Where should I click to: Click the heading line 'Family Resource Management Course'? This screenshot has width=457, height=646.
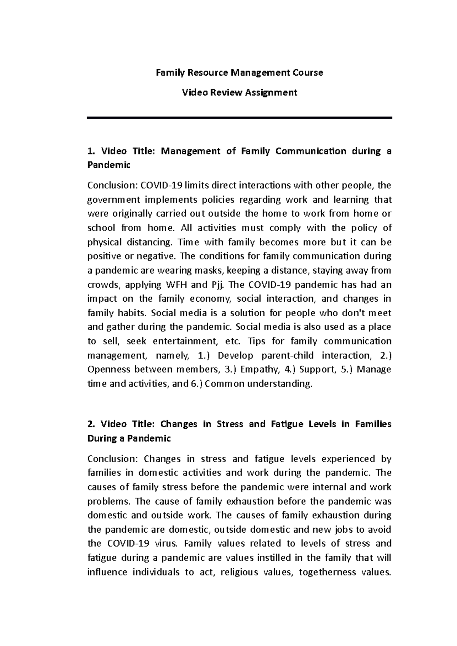[240, 72]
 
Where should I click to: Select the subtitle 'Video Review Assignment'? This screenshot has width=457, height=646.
[240, 92]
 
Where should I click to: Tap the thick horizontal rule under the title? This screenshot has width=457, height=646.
[240, 118]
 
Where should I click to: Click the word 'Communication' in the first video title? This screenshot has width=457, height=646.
[311, 151]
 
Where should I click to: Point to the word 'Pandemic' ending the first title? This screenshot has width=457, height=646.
[109, 165]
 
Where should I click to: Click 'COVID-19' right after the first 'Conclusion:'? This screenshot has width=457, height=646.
[161, 185]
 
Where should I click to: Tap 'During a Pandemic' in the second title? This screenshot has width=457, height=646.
[129, 438]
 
